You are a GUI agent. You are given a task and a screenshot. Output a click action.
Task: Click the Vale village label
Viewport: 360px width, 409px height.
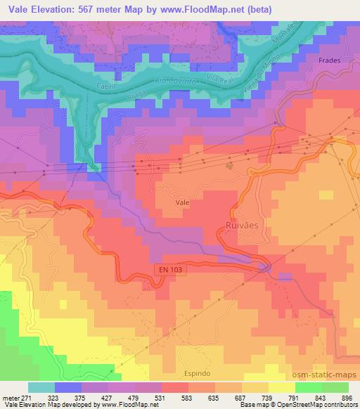(182, 202)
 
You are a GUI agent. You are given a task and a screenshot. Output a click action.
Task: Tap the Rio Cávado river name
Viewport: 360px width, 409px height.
(176, 84)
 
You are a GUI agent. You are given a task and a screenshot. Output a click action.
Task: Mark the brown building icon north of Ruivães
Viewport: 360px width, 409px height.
(230, 166)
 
